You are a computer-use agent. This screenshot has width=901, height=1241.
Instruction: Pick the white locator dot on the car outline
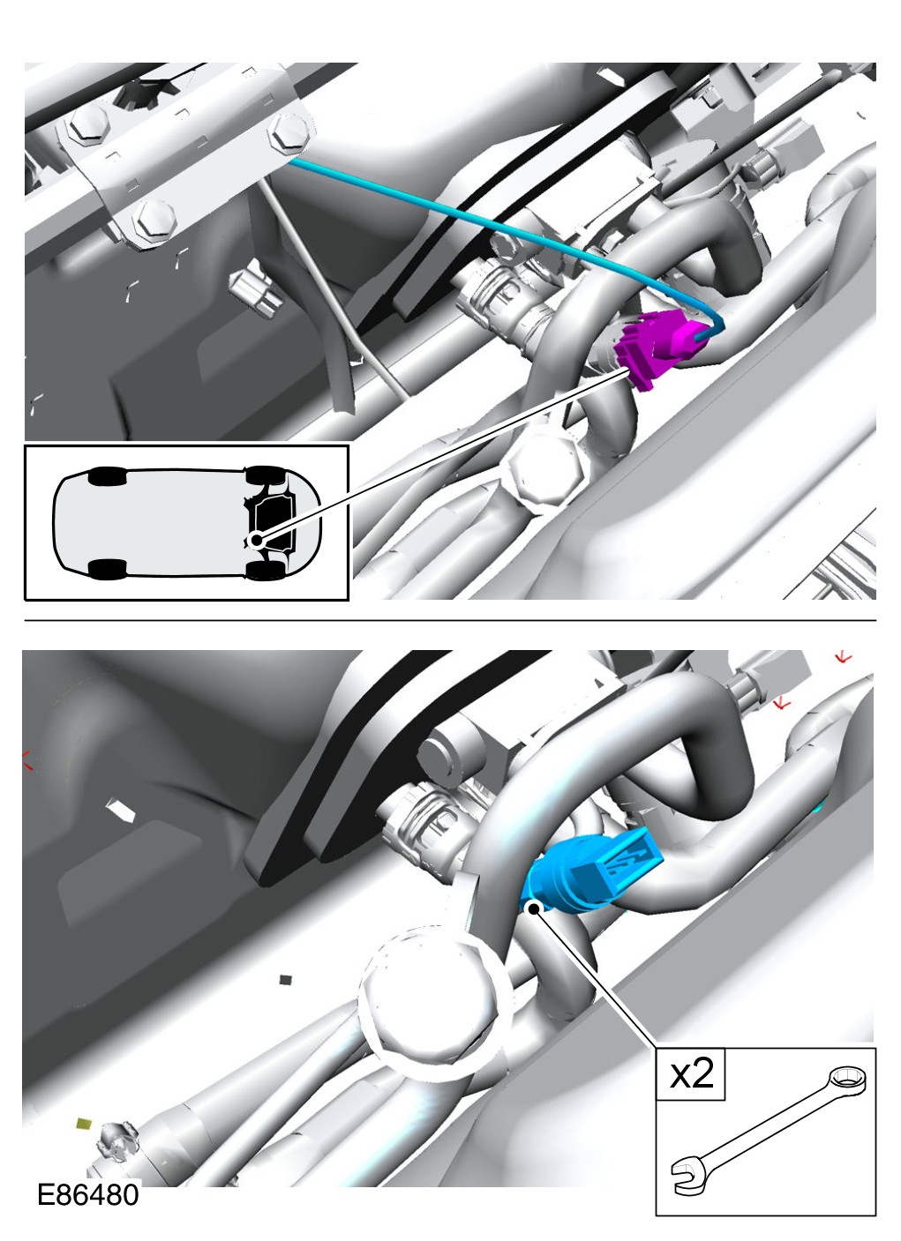pos(256,540)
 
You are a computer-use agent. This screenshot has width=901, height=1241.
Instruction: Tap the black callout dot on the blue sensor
pos(533,908)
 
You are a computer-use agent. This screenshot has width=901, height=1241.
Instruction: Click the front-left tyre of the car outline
pos(264,475)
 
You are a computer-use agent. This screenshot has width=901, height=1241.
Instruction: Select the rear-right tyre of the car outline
pos(108,569)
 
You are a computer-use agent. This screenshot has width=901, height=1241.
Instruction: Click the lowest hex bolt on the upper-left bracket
pos(154,220)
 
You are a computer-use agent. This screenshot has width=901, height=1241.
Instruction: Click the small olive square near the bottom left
pos(84,1123)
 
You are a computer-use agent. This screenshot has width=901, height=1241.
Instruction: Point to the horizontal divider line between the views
pos(450,621)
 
